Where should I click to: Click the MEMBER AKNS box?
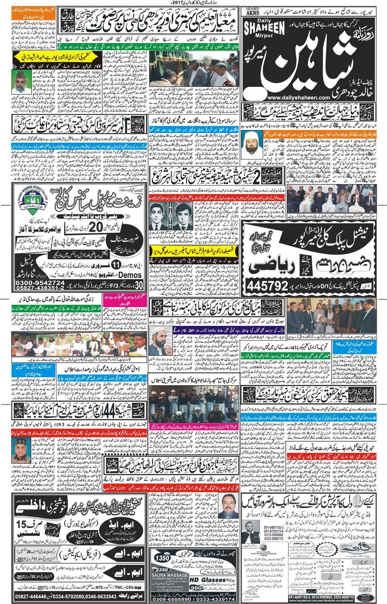[252, 11]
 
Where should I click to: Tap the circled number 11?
[116, 265]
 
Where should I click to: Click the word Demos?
[130, 275]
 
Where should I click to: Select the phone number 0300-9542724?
[40, 283]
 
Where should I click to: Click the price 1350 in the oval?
[163, 558]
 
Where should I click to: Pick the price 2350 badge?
[162, 570]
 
